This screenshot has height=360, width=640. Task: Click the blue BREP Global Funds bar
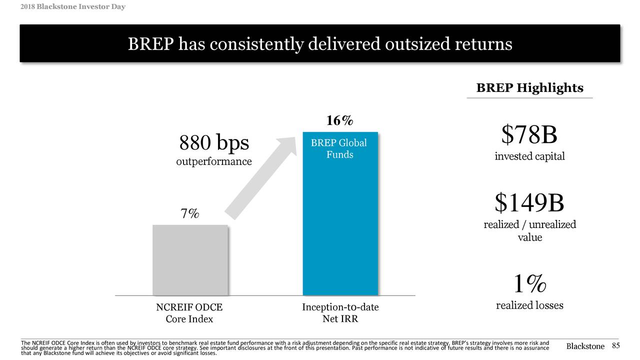click(x=340, y=225)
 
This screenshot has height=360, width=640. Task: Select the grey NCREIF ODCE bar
click(x=190, y=260)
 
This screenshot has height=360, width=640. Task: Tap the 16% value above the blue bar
click(x=339, y=121)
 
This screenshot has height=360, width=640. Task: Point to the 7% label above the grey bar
click(x=189, y=214)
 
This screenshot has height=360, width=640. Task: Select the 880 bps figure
click(x=214, y=143)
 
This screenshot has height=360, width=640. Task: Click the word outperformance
click(x=214, y=162)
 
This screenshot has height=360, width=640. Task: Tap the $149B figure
click(x=529, y=202)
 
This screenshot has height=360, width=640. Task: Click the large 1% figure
click(x=529, y=284)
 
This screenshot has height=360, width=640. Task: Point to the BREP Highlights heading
click(x=529, y=88)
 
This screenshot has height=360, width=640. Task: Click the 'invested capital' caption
click(x=529, y=156)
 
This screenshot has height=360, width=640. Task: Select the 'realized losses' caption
click(x=529, y=305)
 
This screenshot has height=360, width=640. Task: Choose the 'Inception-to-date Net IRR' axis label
click(x=340, y=313)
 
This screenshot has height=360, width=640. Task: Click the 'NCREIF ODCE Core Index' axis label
click(x=189, y=313)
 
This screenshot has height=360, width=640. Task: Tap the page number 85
click(x=615, y=346)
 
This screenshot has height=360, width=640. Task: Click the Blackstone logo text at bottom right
click(x=585, y=347)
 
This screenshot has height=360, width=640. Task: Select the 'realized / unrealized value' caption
click(x=529, y=231)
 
